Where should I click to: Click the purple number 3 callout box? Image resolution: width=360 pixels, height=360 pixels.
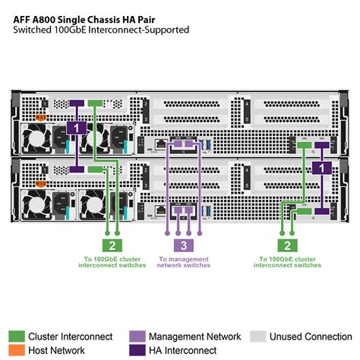tap(182, 245)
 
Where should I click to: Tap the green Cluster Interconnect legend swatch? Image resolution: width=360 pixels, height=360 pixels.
tap(16, 336)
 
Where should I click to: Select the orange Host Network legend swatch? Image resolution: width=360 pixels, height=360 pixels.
tap(16, 350)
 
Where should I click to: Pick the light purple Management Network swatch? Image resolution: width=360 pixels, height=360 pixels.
tap(137, 336)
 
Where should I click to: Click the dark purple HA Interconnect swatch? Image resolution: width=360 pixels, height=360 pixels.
tap(137, 350)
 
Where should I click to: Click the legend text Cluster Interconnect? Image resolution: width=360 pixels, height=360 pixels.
tap(70, 336)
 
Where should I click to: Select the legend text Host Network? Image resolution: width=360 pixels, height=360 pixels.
tap(56, 350)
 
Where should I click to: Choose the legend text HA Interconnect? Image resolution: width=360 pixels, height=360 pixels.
tap(187, 350)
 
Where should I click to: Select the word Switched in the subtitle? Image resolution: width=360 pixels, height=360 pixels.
tap(32, 30)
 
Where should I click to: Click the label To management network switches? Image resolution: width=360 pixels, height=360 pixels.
tap(182, 263)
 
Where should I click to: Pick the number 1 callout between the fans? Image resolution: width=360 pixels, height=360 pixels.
tap(76, 128)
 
